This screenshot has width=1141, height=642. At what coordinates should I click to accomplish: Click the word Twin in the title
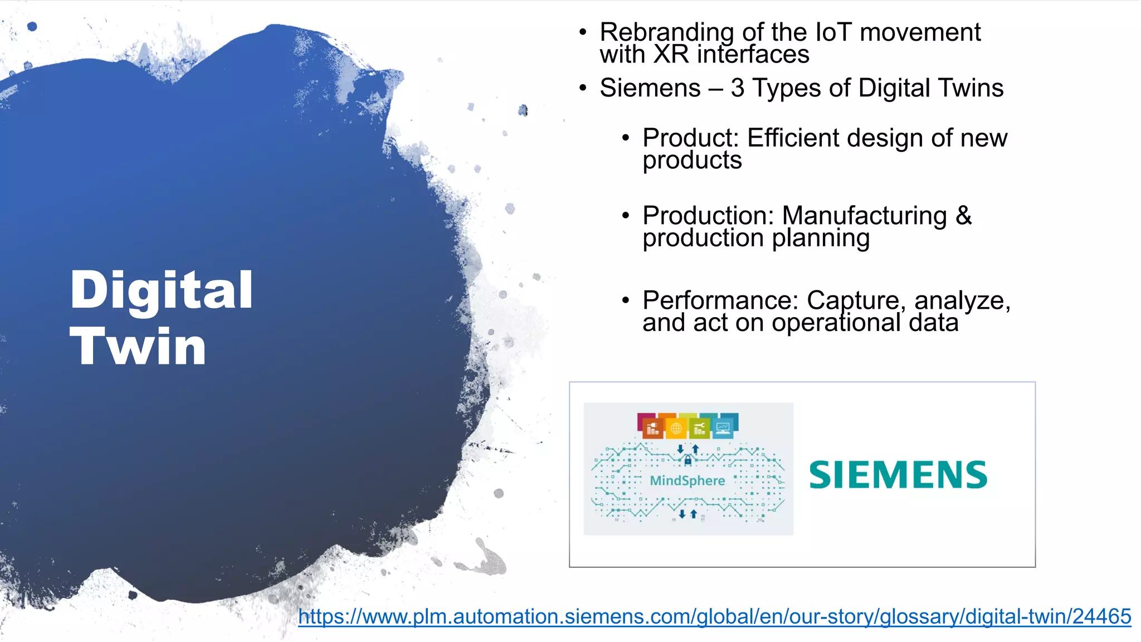click(138, 347)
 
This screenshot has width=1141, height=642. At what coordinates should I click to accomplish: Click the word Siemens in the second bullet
click(650, 88)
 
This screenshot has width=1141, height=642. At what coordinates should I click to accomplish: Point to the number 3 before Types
click(737, 88)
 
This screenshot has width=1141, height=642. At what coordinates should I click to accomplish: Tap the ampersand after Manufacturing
click(963, 216)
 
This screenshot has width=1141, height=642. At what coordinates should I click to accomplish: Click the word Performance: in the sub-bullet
click(720, 300)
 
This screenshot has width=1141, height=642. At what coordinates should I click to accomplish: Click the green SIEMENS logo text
click(898, 475)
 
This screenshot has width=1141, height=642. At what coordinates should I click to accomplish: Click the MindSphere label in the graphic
click(687, 480)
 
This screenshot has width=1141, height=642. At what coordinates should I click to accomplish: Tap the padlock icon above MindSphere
click(687, 460)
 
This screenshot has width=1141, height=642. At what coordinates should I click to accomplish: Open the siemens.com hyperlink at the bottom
click(714, 616)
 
